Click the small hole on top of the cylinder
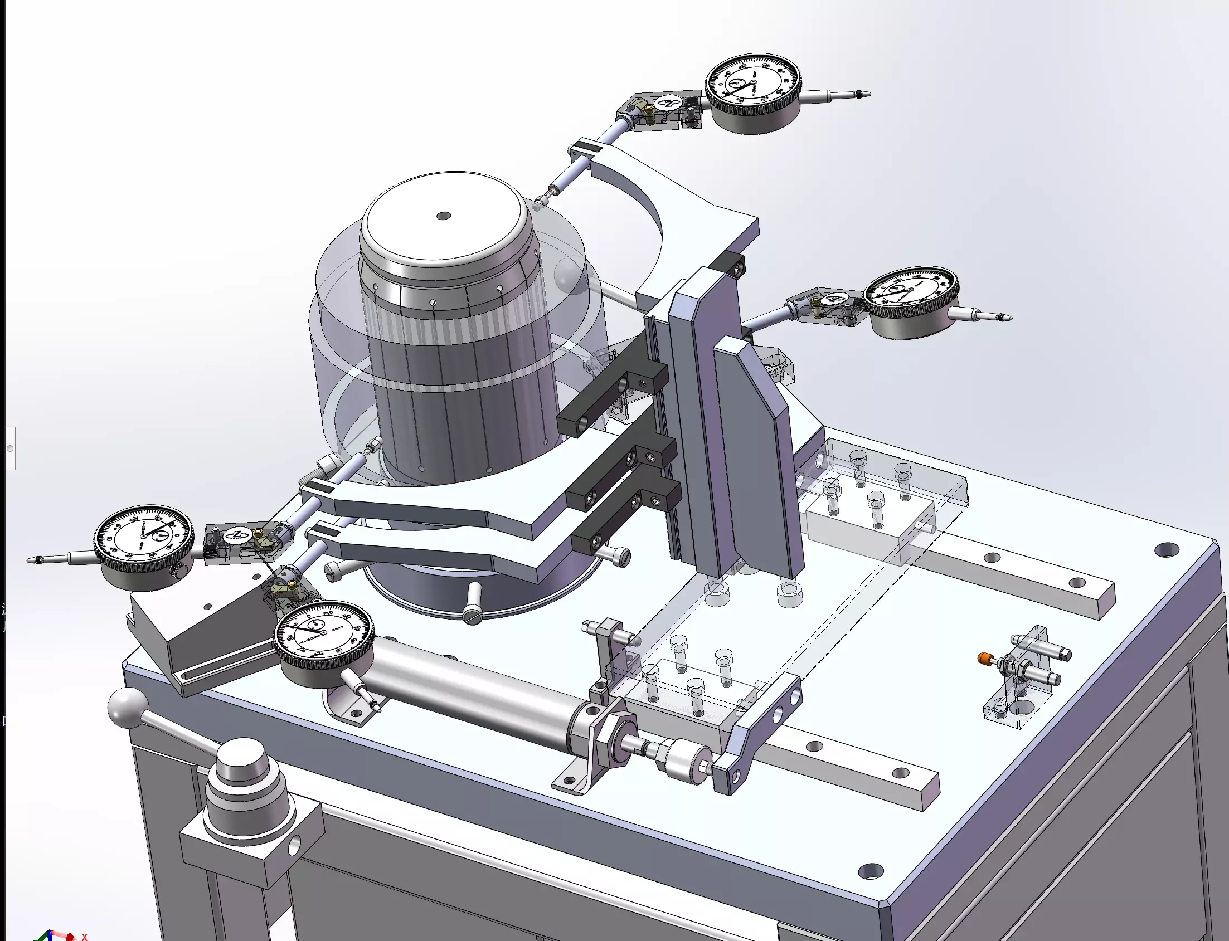[443, 216]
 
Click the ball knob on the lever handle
[128, 708]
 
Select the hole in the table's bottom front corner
[870, 871]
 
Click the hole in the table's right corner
[1166, 549]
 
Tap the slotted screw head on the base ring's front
[472, 617]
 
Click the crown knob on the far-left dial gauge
[178, 571]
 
